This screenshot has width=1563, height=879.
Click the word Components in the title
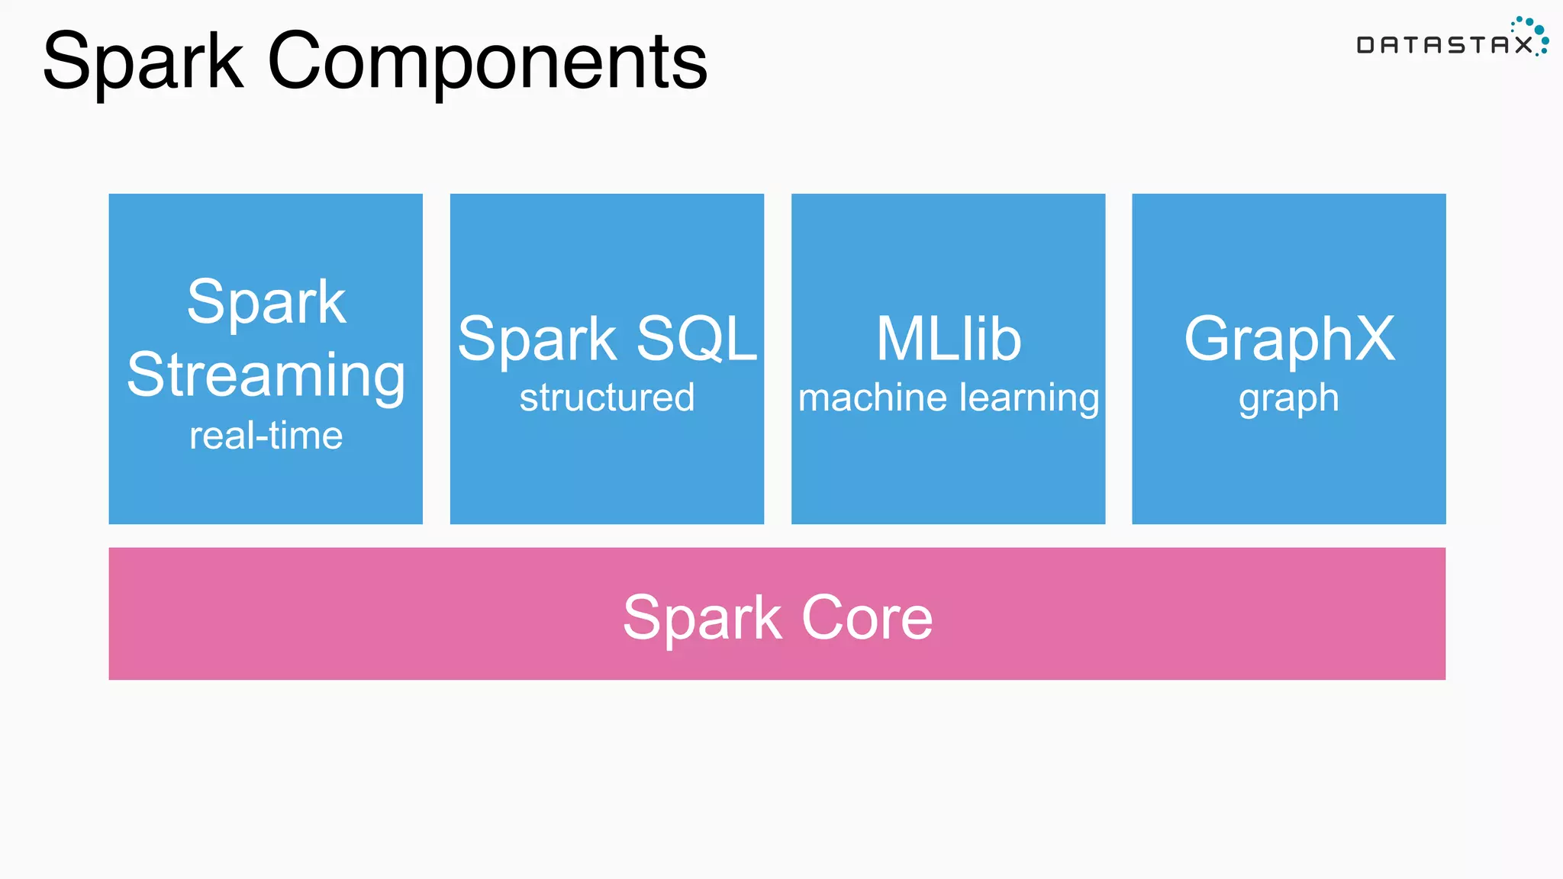coord(487,61)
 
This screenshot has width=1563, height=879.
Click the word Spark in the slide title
coord(143,61)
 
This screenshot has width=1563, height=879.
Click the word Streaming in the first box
coord(266,375)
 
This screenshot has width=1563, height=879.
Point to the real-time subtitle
coord(266,436)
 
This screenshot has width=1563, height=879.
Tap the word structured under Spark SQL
coord(607,398)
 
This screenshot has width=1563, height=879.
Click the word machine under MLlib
coord(872,398)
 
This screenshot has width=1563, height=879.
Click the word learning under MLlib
coord(1029,398)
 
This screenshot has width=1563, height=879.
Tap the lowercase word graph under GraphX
coord(1288,399)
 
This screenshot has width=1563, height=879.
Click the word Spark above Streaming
coord(266,303)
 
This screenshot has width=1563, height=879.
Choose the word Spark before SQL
coord(537,340)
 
